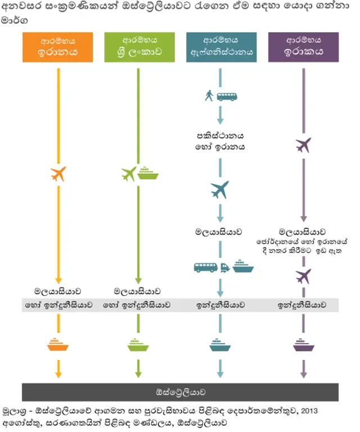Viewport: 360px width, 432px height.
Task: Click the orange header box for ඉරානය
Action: tap(58, 47)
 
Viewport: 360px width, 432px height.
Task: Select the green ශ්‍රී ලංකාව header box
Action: tap(139, 47)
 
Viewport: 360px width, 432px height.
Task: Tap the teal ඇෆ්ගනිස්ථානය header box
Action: tap(221, 47)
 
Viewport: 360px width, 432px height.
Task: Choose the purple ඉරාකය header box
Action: tap(303, 47)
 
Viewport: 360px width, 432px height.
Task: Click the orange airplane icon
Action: tap(58, 174)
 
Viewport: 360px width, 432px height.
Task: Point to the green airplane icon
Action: tap(129, 174)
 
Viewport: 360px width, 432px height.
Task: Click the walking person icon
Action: tap(209, 96)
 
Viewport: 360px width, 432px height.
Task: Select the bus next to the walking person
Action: tap(227, 96)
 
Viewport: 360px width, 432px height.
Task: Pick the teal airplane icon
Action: tap(220, 190)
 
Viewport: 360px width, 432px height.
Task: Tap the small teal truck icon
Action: tap(225, 268)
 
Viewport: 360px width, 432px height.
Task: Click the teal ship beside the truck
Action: tap(243, 265)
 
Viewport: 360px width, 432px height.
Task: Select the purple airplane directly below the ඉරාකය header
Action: tap(303, 145)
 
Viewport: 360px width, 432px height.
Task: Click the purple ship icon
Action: tap(303, 344)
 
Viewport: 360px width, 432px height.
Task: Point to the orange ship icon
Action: tap(58, 344)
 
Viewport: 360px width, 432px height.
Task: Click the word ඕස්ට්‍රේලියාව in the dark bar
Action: tap(180, 391)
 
